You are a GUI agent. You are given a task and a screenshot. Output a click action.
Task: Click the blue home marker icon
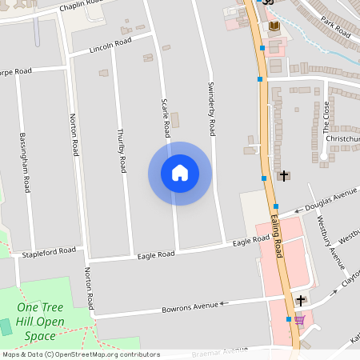[x=180, y=173]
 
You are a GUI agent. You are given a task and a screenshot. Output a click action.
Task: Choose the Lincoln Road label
[x=110, y=44]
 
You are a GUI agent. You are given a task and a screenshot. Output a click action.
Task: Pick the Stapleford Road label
[x=49, y=251]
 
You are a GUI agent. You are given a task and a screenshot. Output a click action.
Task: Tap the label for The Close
[x=326, y=117]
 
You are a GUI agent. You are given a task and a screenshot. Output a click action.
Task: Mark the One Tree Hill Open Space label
[x=40, y=320]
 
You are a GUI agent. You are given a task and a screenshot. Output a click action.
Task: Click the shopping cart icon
[x=299, y=319]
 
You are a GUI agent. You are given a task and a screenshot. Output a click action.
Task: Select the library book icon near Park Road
[x=274, y=26]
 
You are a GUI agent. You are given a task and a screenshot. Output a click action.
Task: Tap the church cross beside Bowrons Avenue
[x=300, y=300]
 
